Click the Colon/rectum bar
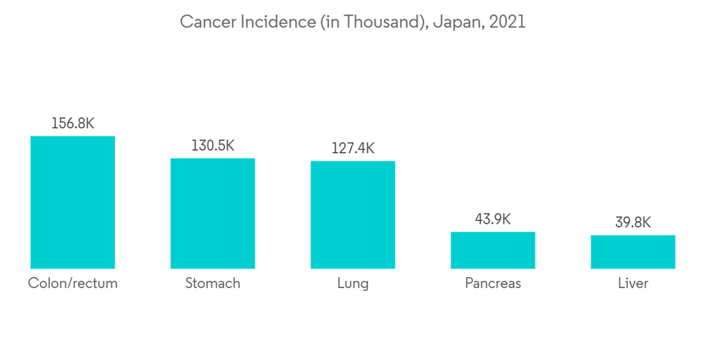point(73,202)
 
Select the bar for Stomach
point(213,214)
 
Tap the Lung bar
point(353,215)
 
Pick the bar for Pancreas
point(493,250)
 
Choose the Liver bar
point(633,251)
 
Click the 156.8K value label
point(73,124)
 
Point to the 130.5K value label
point(213,146)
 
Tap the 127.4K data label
point(353,149)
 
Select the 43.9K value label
point(493,219)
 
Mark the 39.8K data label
point(633,223)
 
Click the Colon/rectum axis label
point(73,284)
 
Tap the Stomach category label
point(213,284)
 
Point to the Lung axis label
point(353,284)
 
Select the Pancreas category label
point(493,284)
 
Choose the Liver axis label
point(633,284)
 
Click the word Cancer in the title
point(204,22)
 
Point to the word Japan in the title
point(457,22)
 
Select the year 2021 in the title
point(508,22)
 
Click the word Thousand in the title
point(378,22)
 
